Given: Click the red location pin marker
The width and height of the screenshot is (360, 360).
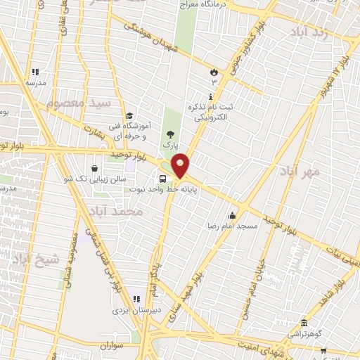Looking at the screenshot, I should [x=181, y=165].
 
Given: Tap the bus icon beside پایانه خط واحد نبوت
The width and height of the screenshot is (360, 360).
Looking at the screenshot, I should [x=163, y=178].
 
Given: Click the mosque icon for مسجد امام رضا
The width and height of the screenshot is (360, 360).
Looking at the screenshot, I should [x=233, y=215].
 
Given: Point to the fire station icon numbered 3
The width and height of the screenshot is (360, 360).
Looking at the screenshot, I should [x=213, y=72].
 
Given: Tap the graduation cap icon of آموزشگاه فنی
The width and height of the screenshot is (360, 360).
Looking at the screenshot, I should [x=129, y=117].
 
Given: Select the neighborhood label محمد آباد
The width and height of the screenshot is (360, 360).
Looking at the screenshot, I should [x=117, y=210].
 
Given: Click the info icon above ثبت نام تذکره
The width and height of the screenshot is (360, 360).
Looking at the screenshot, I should [x=209, y=96].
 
